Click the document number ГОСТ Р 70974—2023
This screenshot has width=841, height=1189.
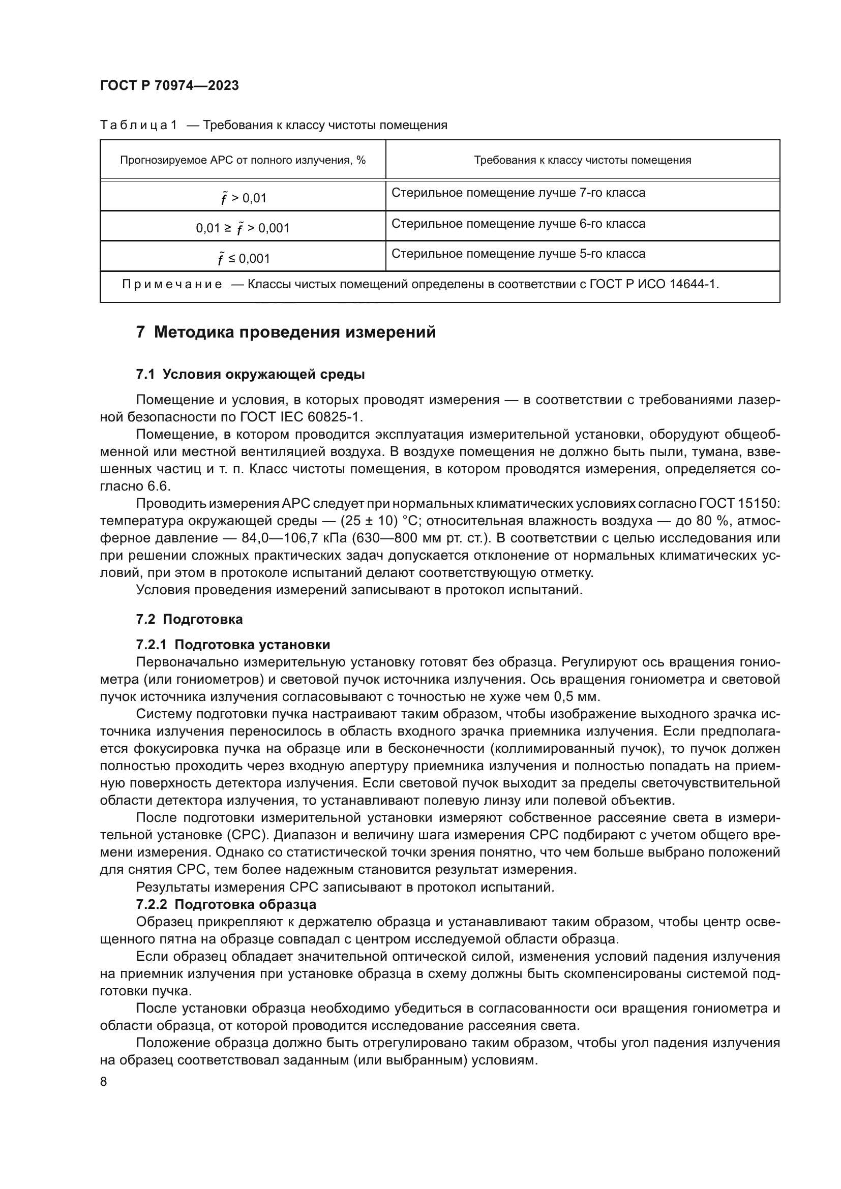pos(169,86)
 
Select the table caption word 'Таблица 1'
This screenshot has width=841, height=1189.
pos(138,126)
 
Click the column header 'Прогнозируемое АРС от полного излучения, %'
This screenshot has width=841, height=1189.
pos(243,160)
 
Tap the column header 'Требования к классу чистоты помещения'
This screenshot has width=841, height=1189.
pos(583,160)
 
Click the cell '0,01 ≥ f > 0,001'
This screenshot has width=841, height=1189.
pos(243,228)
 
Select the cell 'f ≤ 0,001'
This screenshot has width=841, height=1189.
pos(243,258)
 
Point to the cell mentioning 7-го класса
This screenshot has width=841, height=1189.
pos(518,193)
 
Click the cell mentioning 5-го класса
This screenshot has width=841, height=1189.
pos(518,254)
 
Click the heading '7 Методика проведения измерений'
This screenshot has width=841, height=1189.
pos(286,332)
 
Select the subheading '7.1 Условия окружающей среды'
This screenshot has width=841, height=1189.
pos(250,374)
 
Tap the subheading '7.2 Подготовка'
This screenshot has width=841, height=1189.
pos(189,619)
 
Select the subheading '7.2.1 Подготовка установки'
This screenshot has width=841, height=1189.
pos(233,645)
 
